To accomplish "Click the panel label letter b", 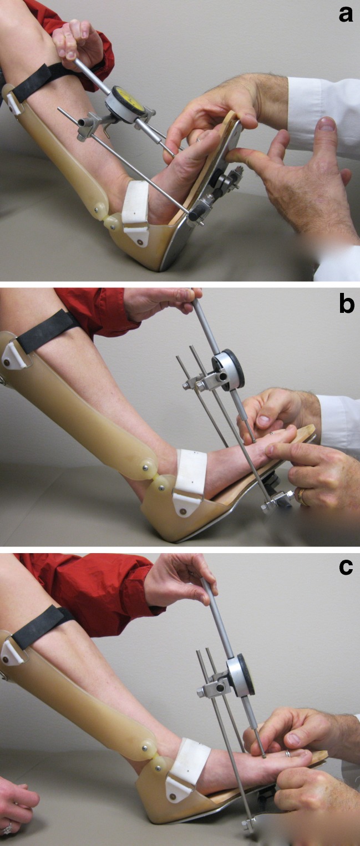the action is (346, 303).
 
